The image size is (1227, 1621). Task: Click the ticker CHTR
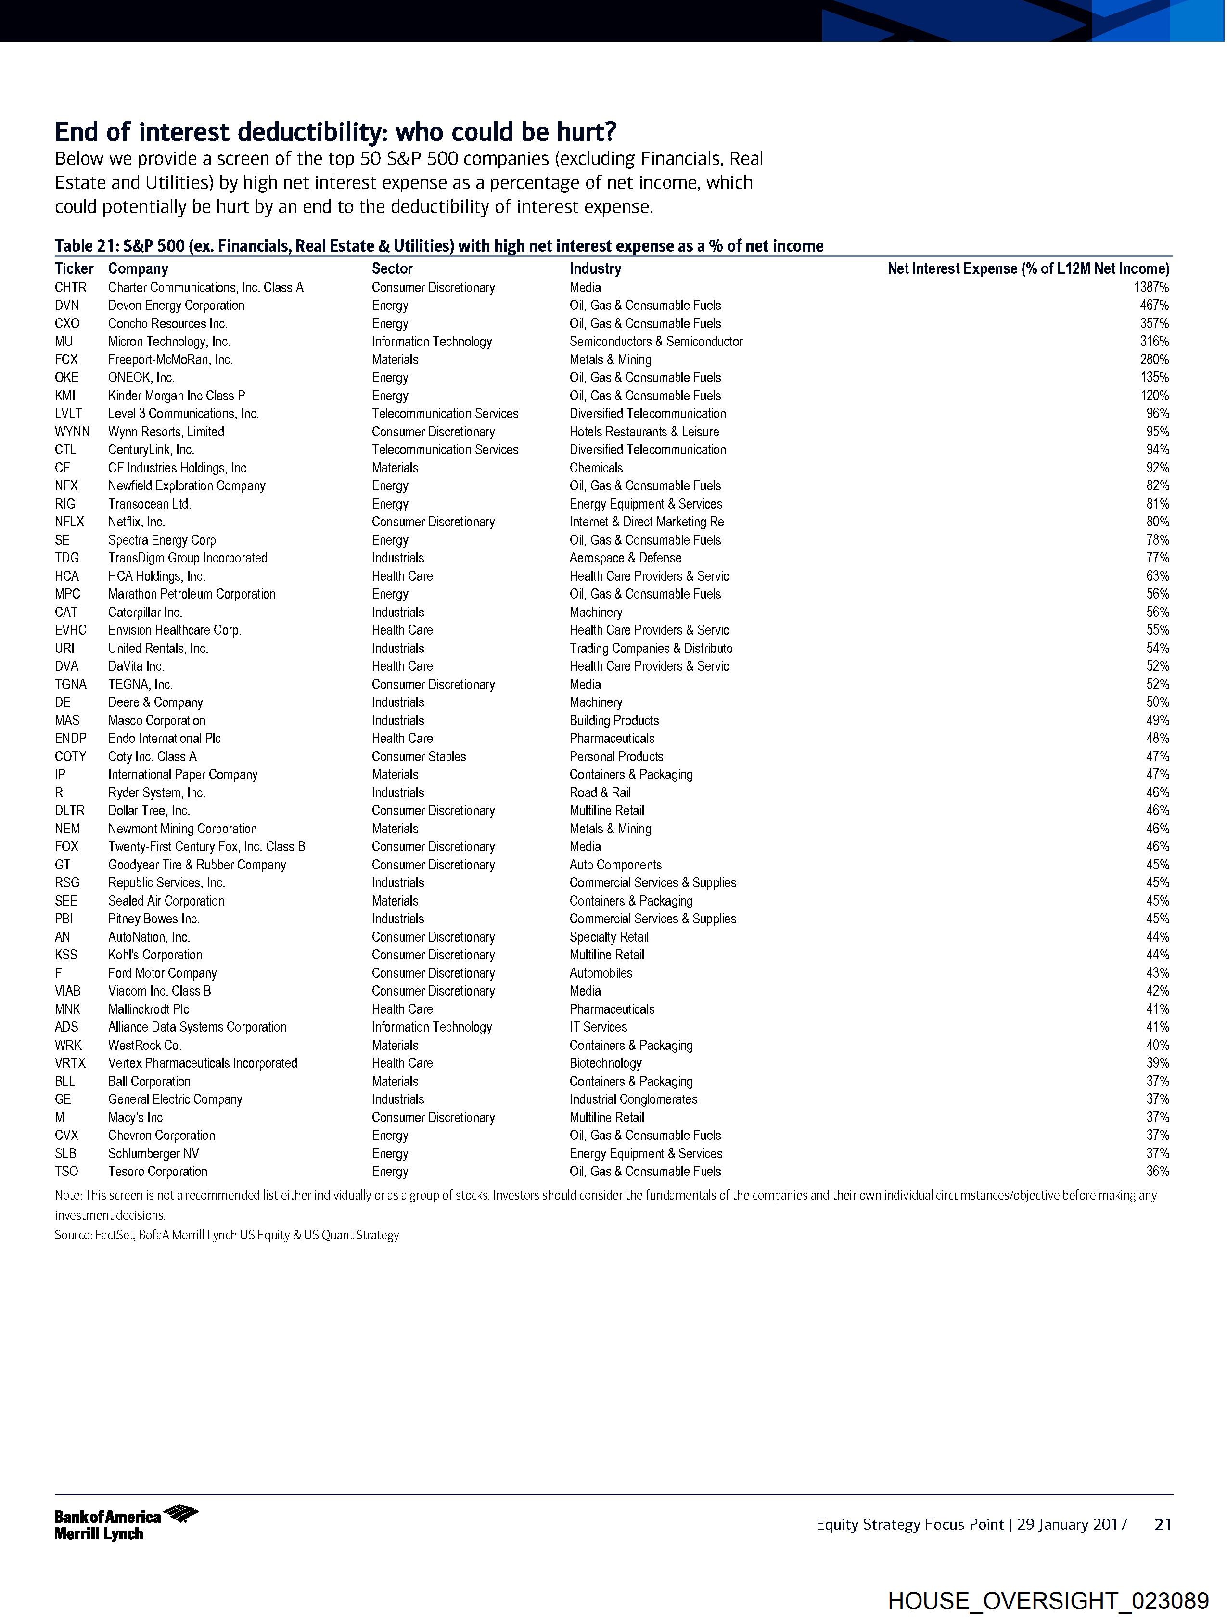click(70, 287)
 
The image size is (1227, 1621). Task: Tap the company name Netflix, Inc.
click(136, 522)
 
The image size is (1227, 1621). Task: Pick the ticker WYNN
click(72, 432)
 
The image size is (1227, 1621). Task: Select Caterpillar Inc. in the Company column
click(145, 612)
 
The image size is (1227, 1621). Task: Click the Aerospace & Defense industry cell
click(625, 558)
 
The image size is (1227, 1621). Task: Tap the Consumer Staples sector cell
click(419, 756)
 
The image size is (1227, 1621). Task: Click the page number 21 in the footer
click(1163, 1524)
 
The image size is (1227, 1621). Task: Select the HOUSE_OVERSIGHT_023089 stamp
click(1048, 1600)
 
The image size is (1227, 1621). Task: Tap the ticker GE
click(63, 1099)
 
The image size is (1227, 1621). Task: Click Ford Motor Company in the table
click(163, 973)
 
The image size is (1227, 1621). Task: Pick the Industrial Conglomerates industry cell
click(633, 1099)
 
